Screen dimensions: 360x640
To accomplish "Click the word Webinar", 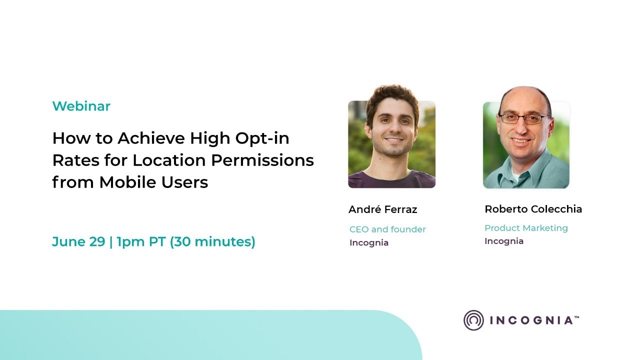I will tap(81, 106).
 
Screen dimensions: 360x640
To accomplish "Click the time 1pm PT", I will tap(141, 242).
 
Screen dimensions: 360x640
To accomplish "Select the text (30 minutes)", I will tap(213, 242).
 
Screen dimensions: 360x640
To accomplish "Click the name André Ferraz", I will tap(382, 209).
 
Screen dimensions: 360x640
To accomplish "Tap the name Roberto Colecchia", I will tap(533, 209).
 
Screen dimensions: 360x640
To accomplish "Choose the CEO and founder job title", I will tap(387, 229).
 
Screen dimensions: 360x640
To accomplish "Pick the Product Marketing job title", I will tap(526, 228).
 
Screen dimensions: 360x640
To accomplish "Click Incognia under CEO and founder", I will tap(369, 243).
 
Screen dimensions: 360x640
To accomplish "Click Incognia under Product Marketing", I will tap(504, 241).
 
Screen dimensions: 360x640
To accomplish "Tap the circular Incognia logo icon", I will tap(473, 320).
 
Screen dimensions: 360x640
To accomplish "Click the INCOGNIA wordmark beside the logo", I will tap(532, 320).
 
